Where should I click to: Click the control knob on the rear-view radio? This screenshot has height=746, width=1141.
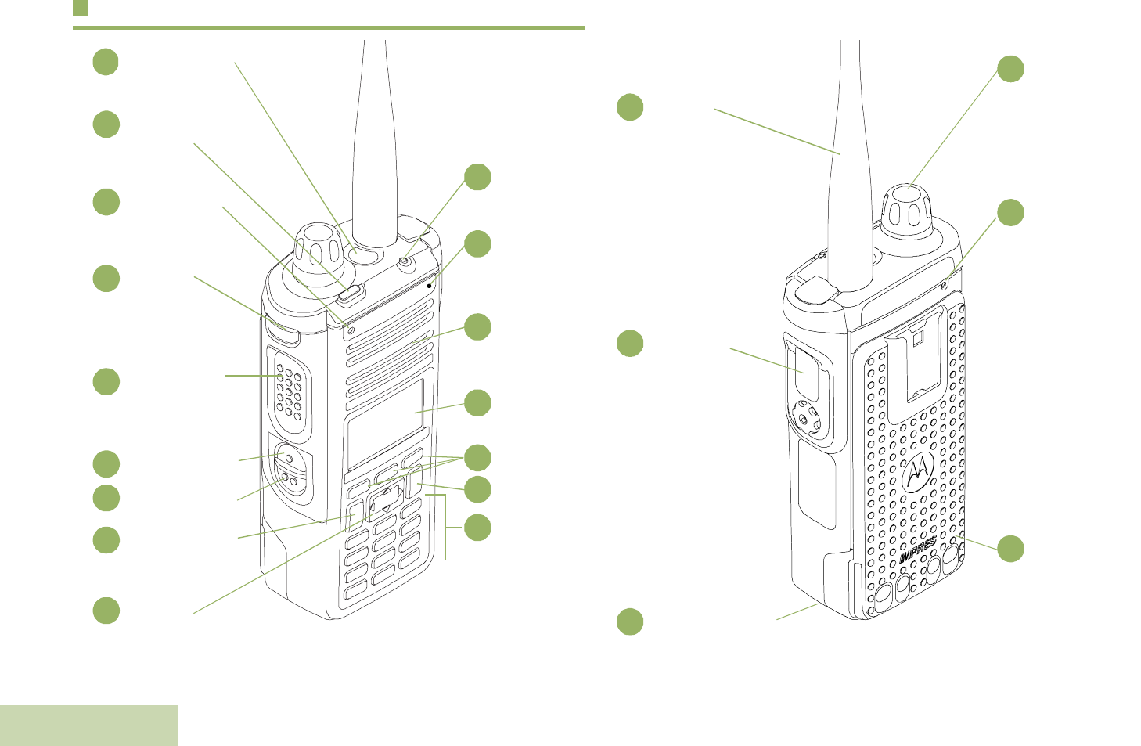pos(908,204)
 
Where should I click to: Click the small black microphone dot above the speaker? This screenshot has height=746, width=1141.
pos(430,286)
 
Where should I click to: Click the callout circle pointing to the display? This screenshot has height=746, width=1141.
pos(477,403)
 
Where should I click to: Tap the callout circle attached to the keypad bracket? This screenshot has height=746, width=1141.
pos(477,528)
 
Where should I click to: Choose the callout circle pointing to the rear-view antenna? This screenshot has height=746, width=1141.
pos(630,107)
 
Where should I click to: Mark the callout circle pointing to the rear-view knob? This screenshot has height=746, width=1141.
pos(1010,69)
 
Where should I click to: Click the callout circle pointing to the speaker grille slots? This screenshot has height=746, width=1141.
pos(477,326)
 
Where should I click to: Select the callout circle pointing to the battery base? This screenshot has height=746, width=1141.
pos(630,622)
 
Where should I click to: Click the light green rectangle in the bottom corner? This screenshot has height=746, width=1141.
pos(89,725)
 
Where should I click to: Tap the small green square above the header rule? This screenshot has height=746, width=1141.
pos(81,9)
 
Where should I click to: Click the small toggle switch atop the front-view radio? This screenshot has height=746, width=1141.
pos(405,262)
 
